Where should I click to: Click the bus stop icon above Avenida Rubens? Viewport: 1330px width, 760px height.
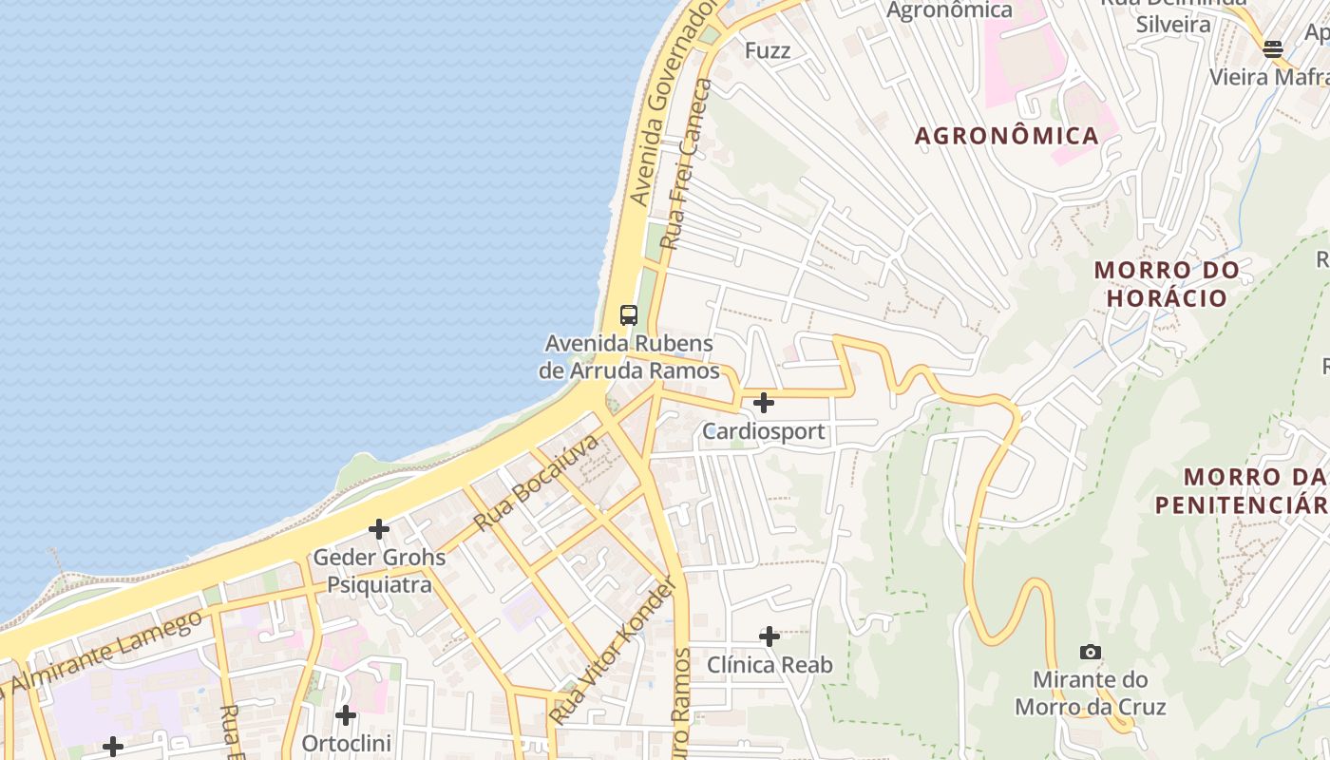coord(628,315)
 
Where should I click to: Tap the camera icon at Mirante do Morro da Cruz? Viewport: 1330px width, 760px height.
coord(1091,652)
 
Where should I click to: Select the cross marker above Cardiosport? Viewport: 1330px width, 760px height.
coord(763,403)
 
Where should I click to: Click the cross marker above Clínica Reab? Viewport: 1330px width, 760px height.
coord(769,636)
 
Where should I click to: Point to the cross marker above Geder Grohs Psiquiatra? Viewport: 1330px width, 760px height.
coord(379,529)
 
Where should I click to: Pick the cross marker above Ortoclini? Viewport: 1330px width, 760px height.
coord(346,714)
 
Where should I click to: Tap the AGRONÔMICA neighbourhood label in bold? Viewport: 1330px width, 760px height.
coord(1006,136)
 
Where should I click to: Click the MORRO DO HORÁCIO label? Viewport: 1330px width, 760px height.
coord(1167,283)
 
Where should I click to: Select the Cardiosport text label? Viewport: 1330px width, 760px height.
coord(763,431)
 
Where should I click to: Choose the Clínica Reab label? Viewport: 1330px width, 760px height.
coord(769,665)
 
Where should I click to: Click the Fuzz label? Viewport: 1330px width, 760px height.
coord(768,50)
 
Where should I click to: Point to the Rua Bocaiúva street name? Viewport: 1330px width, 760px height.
coord(537,483)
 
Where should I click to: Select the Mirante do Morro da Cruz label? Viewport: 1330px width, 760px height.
coord(1090,693)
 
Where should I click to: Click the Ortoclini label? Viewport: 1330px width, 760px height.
coord(346,742)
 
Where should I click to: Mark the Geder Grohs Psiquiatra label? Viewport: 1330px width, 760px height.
coord(379,570)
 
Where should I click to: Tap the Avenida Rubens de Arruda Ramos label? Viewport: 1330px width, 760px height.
coord(629,356)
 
